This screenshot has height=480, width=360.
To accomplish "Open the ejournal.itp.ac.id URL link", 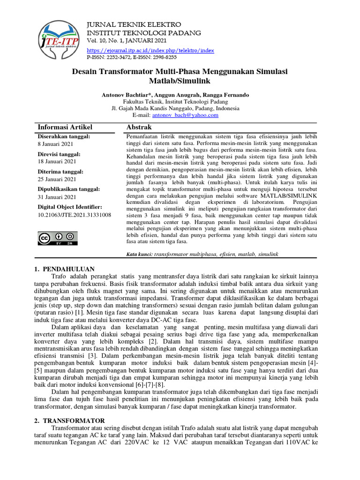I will (x=150, y=50).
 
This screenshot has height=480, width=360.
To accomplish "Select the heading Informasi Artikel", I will (x=65, y=127).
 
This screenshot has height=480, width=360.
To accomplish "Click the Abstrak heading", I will (x=139, y=127).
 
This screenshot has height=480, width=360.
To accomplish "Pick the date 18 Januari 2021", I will (x=58, y=161).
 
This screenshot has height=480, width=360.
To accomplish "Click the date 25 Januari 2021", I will (x=58, y=179).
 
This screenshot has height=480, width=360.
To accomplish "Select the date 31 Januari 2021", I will (x=58, y=197).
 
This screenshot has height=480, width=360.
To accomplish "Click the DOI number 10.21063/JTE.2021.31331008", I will (x=74, y=215).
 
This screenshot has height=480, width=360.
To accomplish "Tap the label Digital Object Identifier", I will (x=69, y=207).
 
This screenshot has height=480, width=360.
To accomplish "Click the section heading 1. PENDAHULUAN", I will (x=65, y=269).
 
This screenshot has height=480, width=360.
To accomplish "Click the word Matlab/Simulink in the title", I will (x=180, y=81).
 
